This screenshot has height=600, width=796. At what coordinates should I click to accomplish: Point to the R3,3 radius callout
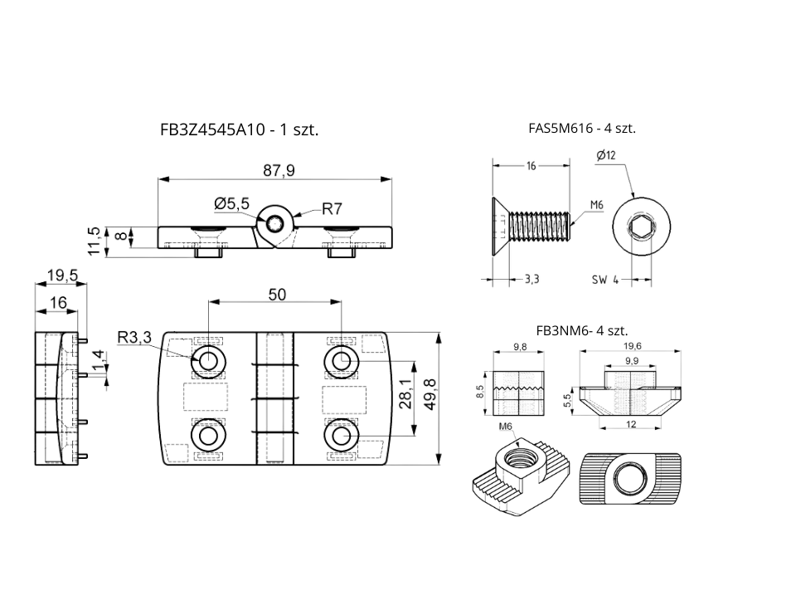(134, 338)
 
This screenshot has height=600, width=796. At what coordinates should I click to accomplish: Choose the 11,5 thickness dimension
(94, 241)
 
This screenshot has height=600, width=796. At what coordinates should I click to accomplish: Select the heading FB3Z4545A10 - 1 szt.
(240, 129)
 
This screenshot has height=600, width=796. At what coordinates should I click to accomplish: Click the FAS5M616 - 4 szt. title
(582, 129)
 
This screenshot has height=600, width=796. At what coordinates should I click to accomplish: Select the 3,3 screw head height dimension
(531, 279)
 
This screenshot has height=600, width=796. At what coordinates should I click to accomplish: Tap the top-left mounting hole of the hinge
(206, 360)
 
